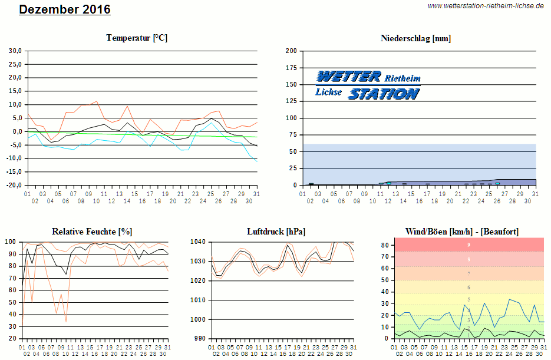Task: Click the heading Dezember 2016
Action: pos(64,10)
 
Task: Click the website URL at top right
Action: pos(485,5)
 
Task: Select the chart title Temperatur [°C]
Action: pos(137,38)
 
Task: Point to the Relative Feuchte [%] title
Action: pos(92,232)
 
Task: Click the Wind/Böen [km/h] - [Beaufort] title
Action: pos(462,232)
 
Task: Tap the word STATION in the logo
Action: pos(384,94)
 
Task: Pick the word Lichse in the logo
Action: pos(328,92)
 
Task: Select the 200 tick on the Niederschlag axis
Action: pos(291,51)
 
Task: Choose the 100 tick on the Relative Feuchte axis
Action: pos(10,242)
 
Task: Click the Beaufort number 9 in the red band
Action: pos(468,245)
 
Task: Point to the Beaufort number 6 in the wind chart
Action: pos(468,288)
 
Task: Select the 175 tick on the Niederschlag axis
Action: pos(291,68)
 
